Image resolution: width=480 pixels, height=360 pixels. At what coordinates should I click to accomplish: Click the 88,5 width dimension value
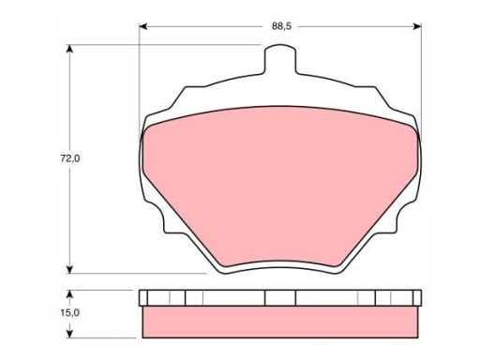point(281,26)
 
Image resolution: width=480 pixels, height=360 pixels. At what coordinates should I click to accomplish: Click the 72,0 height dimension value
point(70,158)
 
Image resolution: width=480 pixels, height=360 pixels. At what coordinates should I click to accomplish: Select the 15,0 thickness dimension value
point(70,312)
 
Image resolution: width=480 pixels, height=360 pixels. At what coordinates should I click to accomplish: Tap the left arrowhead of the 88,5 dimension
point(143,26)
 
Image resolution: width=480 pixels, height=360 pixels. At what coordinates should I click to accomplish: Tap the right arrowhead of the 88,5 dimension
point(417,26)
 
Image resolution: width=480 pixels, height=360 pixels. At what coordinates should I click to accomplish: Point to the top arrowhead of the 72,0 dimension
point(70,50)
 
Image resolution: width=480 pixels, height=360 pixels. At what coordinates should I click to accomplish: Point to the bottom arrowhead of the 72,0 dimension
point(70,269)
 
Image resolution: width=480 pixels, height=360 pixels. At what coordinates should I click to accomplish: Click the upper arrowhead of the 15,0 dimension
point(70,294)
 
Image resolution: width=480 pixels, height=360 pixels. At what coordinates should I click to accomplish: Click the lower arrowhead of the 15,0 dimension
point(70,334)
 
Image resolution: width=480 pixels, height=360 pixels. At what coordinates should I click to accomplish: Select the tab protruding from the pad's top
point(280,59)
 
